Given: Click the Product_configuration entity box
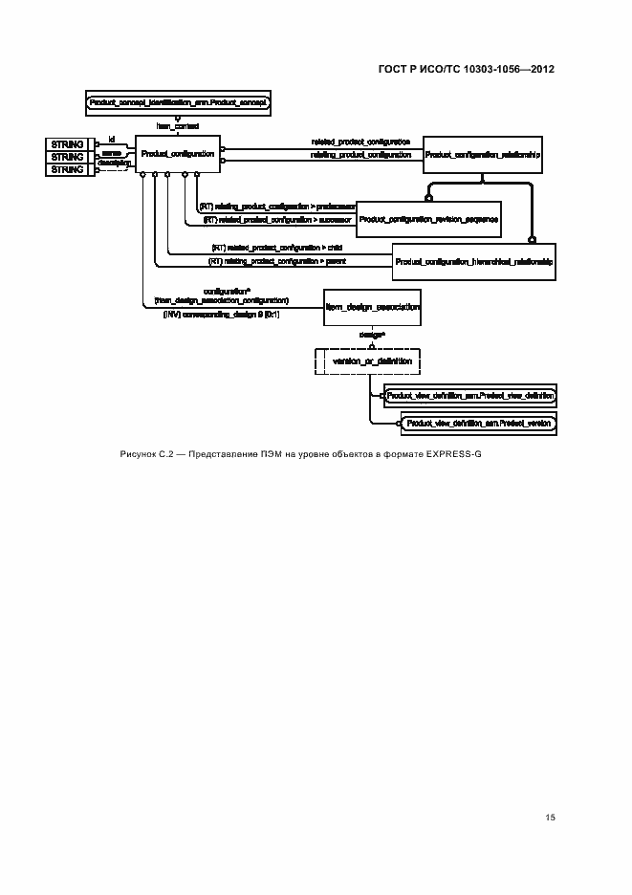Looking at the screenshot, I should click(177, 153).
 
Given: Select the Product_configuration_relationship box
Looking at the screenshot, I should click(483, 153).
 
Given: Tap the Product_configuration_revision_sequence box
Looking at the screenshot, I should click(426, 218).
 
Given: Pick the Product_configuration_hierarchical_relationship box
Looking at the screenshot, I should click(474, 260).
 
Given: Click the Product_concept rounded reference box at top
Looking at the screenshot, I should click(178, 101).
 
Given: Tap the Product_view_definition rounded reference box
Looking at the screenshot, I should click(469, 394).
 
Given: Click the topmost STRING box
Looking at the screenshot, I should click(67, 143).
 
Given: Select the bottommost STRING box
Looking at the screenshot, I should click(67, 169).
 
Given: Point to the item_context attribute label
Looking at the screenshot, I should click(178, 125).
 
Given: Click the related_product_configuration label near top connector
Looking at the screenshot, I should click(360, 142).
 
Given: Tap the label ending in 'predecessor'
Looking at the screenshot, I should click(277, 206).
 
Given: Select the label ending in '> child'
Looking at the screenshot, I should click(276, 248).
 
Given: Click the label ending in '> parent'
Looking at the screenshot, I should click(277, 260).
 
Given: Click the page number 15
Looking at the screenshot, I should click(551, 817).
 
